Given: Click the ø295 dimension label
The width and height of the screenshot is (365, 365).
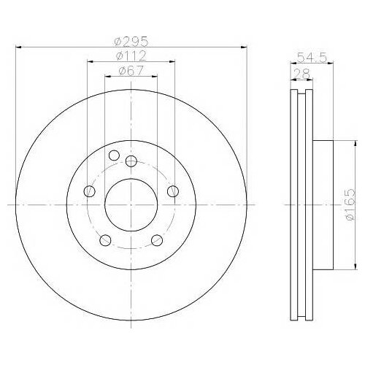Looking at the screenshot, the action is (131, 41).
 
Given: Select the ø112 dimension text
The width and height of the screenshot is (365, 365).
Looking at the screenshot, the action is (131, 56).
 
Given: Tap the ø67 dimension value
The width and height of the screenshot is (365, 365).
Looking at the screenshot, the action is (131, 71).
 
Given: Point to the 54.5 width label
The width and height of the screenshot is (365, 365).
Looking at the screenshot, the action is (312, 58).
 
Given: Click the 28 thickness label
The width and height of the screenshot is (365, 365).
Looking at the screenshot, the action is (301, 74).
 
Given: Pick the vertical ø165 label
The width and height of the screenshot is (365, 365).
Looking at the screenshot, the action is (350, 204).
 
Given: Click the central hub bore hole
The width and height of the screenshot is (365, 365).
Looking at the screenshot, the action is (131, 205).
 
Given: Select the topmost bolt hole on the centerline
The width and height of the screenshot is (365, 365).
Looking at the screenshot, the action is (131, 161).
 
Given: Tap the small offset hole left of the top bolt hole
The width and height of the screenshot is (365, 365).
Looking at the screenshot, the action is (114, 155).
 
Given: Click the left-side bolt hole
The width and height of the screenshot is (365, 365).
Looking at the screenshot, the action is (89, 191).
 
